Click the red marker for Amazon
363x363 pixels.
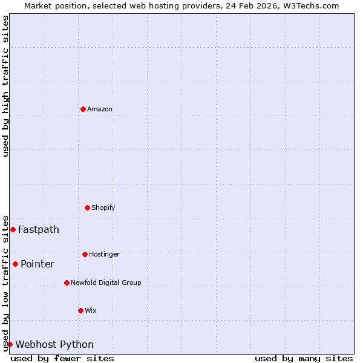(x=83, y=109)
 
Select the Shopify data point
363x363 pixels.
(x=87, y=208)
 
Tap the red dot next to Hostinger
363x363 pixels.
(x=85, y=254)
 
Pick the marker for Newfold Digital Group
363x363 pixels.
(x=67, y=283)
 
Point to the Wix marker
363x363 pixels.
(x=80, y=310)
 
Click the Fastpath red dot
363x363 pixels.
(x=13, y=229)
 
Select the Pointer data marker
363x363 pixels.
(x=15, y=264)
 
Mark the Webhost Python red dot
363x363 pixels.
(x=10, y=344)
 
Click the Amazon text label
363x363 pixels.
(x=100, y=109)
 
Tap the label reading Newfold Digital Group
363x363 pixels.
(x=106, y=283)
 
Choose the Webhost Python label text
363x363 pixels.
(x=54, y=344)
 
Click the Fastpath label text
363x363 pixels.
(x=39, y=229)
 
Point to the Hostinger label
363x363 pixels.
(x=104, y=254)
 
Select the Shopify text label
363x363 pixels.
(x=103, y=208)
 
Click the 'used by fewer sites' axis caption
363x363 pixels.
(x=62, y=358)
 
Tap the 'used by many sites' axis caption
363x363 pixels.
(x=304, y=358)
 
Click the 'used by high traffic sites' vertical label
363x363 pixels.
(x=5, y=86)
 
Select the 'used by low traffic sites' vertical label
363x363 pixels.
(x=5, y=283)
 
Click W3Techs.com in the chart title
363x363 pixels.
(x=309, y=5)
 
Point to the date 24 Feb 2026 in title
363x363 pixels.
(x=252, y=5)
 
